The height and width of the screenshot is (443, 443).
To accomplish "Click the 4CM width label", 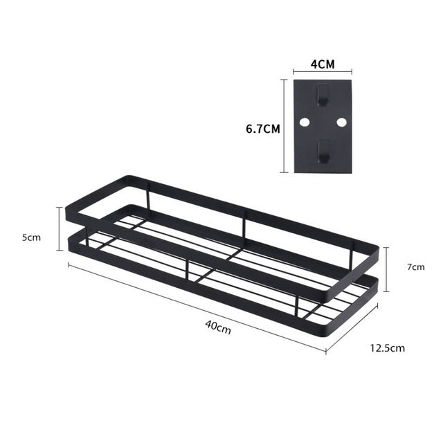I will (x=322, y=64).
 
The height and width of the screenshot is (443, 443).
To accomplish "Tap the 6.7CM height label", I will (x=263, y=128).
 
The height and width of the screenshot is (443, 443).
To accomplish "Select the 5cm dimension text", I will (x=30, y=237).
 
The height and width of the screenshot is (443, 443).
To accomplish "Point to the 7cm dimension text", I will (x=415, y=266).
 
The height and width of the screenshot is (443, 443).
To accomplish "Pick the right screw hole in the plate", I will (x=341, y=122).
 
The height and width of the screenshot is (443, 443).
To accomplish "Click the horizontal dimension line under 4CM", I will (x=322, y=71).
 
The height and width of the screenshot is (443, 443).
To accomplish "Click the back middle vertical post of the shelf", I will (x=244, y=222).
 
